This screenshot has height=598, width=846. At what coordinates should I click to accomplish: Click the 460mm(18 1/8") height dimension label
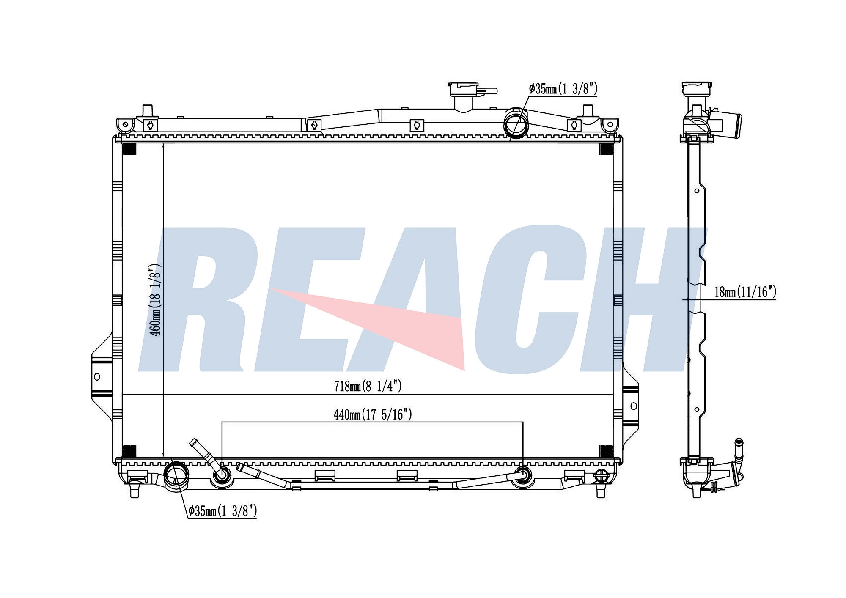coord(155,300)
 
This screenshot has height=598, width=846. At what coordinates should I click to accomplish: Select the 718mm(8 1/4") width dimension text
coord(368,386)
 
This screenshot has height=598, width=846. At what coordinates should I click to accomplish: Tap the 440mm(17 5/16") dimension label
coord(373,414)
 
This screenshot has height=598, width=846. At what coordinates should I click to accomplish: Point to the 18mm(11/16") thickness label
coord(745,292)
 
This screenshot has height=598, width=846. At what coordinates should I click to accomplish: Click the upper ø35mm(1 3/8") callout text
coord(563,89)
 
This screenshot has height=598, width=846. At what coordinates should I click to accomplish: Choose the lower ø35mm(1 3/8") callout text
coord(222,511)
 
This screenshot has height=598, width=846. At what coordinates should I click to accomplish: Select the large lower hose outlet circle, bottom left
coord(176,476)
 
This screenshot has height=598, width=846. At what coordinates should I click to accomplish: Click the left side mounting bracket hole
coord(97,376)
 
